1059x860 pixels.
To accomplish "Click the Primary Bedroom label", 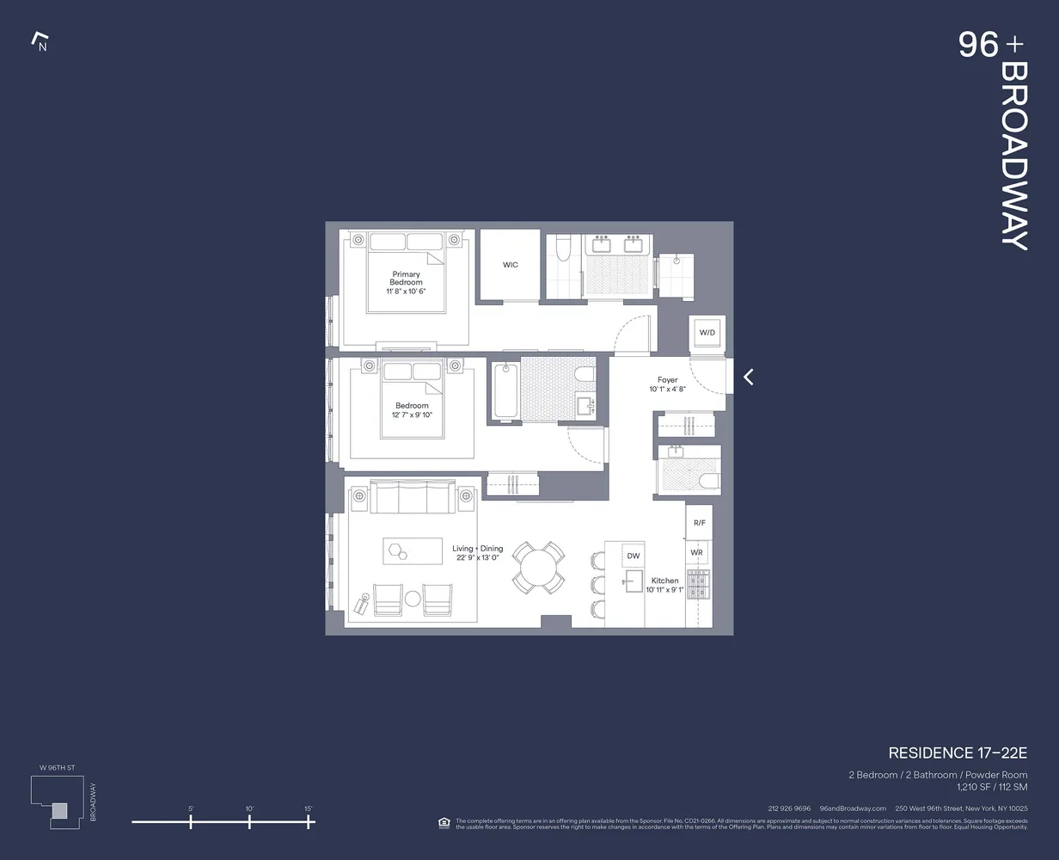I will click(406, 279).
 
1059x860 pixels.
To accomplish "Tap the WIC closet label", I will click(511, 265).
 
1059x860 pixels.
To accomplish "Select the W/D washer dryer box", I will click(707, 332).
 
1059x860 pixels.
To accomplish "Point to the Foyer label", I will click(668, 380).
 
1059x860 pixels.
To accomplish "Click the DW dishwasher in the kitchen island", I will click(633, 556).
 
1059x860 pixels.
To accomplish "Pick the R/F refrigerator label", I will click(699, 523).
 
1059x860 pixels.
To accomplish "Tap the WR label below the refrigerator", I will click(696, 552).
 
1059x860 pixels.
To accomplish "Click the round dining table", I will click(539, 568).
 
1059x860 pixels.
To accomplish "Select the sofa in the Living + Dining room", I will click(413, 497).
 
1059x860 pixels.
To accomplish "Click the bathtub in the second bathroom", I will click(505, 392).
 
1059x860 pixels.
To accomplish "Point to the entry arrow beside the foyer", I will click(749, 377).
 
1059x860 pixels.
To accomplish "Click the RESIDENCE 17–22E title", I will click(958, 753).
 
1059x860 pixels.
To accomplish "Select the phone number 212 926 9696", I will click(789, 808).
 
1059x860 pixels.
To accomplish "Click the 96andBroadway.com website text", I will click(853, 808).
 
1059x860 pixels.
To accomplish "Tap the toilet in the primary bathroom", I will click(564, 249).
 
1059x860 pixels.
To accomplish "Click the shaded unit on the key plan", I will click(58, 810).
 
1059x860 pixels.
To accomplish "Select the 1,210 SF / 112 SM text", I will click(992, 787).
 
